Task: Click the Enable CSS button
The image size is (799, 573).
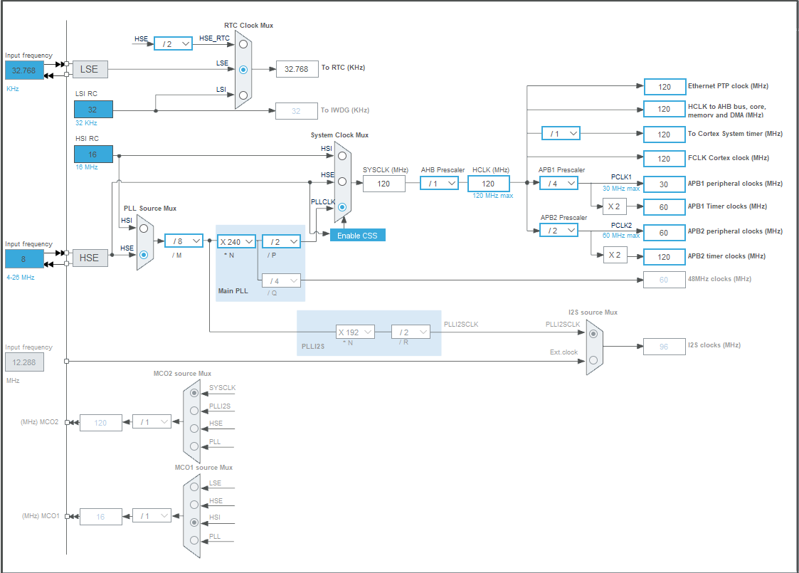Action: pos(357,235)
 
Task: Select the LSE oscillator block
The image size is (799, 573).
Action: pos(90,69)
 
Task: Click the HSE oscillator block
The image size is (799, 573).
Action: pos(90,258)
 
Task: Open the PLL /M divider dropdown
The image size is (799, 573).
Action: pos(183,241)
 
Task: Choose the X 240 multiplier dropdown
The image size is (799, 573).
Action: pos(236,241)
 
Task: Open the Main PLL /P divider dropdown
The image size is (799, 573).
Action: pos(281,241)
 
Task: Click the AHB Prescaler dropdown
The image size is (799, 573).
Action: pos(439,183)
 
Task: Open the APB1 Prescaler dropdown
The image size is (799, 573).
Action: pos(559,183)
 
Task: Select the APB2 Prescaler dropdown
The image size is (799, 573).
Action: pos(559,230)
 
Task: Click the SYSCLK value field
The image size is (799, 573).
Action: pos(383,184)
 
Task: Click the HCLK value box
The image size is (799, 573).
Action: pos(488,184)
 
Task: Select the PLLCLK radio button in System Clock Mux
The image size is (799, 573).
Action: pos(342,208)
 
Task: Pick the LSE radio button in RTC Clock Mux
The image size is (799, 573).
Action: pos(243,70)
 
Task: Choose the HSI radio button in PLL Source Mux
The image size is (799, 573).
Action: pos(144,228)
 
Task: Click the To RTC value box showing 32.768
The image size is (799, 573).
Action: pos(297,69)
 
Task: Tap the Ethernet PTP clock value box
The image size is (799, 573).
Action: pos(664,87)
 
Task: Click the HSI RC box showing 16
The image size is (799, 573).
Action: pos(93,154)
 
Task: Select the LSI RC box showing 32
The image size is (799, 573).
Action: pos(93,110)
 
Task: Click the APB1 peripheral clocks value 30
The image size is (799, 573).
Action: pos(664,184)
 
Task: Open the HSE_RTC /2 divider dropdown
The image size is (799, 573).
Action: pos(173,43)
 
